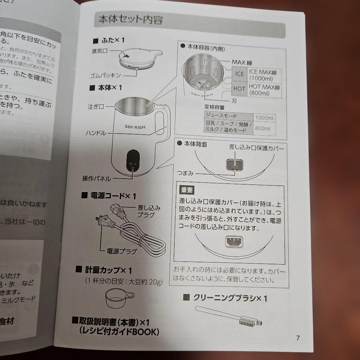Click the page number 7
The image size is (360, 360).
click(x=298, y=338)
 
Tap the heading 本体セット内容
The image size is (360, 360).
click(x=130, y=20)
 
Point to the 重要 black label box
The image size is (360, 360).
click(x=187, y=190)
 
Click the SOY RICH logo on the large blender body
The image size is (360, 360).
click(x=135, y=127)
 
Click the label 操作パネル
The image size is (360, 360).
click(x=96, y=178)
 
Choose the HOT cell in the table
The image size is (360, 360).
click(x=239, y=89)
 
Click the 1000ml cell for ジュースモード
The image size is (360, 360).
click(x=264, y=117)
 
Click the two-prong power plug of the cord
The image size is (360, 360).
click(x=102, y=221)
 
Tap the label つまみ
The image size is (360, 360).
click(x=185, y=173)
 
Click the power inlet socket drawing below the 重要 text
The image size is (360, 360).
click(x=234, y=242)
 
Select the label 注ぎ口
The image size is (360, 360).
click(x=96, y=107)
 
